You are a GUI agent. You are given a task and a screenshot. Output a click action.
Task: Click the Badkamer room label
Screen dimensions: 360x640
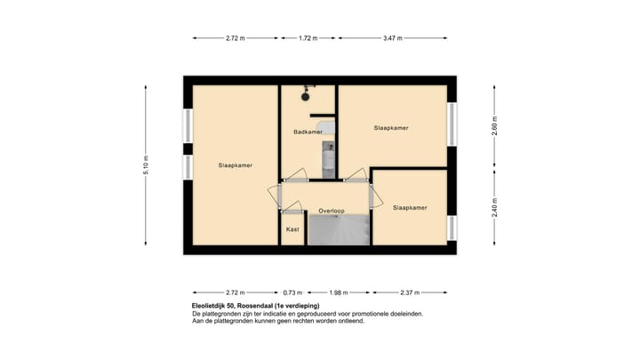pyautogui.click(x=308, y=132)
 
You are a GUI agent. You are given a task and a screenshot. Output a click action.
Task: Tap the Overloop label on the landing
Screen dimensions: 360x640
pyautogui.click(x=332, y=211)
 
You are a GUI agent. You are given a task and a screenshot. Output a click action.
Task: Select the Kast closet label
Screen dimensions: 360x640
pyautogui.click(x=292, y=229)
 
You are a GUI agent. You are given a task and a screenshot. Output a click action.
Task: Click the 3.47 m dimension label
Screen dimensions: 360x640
pyautogui.click(x=391, y=38)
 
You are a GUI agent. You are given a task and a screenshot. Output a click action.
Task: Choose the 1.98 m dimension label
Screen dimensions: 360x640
pyautogui.click(x=337, y=292)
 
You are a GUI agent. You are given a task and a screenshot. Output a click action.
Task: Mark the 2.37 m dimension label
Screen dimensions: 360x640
pyautogui.click(x=408, y=292)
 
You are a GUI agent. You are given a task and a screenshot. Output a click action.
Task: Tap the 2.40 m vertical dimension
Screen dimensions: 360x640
pyautogui.click(x=495, y=210)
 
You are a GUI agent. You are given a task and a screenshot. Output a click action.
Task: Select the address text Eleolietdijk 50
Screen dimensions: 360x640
pyautogui.click(x=219, y=306)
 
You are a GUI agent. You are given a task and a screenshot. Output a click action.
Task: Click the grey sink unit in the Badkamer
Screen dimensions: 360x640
pyautogui.click(x=329, y=129)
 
